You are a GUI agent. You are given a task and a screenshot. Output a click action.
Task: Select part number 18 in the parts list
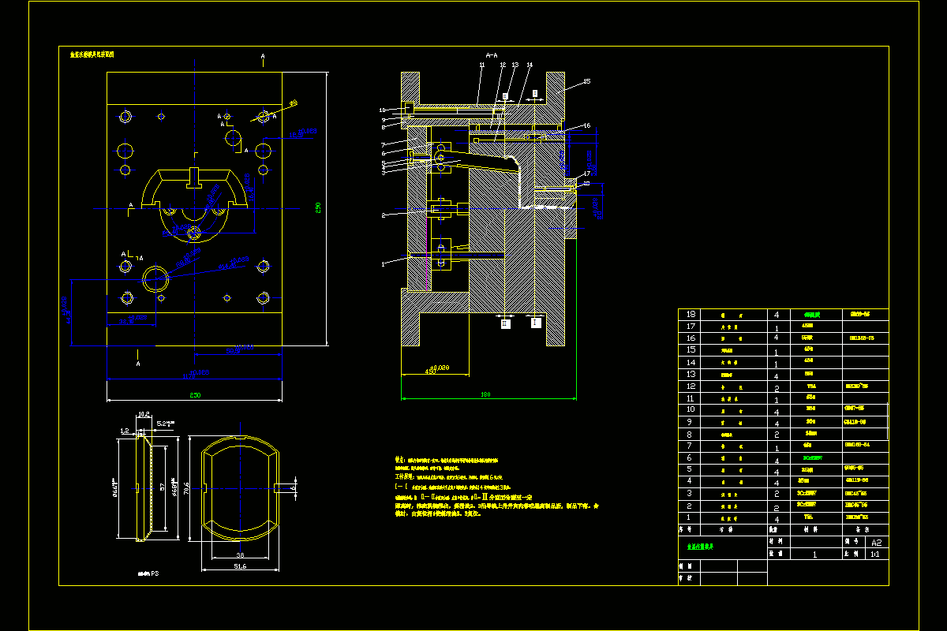pos(691,314)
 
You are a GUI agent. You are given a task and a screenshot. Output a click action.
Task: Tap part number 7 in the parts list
pos(691,446)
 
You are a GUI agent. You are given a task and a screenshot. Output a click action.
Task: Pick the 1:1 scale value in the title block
pos(874,554)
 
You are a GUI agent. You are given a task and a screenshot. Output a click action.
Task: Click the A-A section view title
pos(491,55)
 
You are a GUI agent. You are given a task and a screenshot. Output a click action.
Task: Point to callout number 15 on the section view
pos(586,81)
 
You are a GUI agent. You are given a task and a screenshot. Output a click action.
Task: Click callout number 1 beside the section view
pos(384,264)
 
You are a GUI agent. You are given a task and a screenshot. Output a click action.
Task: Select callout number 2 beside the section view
pos(384,215)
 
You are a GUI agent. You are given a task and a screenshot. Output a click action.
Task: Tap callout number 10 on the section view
pos(382,110)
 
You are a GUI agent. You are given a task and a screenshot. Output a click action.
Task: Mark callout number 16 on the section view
pos(586,125)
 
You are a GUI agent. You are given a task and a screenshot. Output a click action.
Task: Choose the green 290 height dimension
pos(318,207)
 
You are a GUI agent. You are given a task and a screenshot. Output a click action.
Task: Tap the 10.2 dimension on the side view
pos(144,413)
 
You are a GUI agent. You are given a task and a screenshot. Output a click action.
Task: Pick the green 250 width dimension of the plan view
pos(194,393)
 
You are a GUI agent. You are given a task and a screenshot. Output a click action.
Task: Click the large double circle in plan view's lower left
pos(155,275)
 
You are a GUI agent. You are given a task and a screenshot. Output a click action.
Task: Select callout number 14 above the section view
pos(530,65)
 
